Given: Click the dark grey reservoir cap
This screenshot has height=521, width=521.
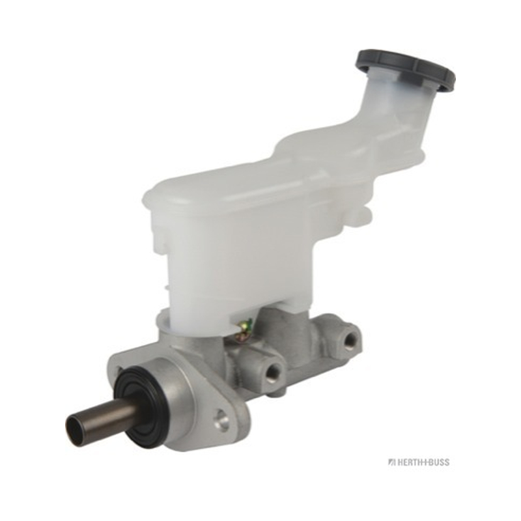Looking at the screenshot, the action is (x=404, y=69).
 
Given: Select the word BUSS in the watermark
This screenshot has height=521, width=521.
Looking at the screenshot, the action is (x=438, y=462).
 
